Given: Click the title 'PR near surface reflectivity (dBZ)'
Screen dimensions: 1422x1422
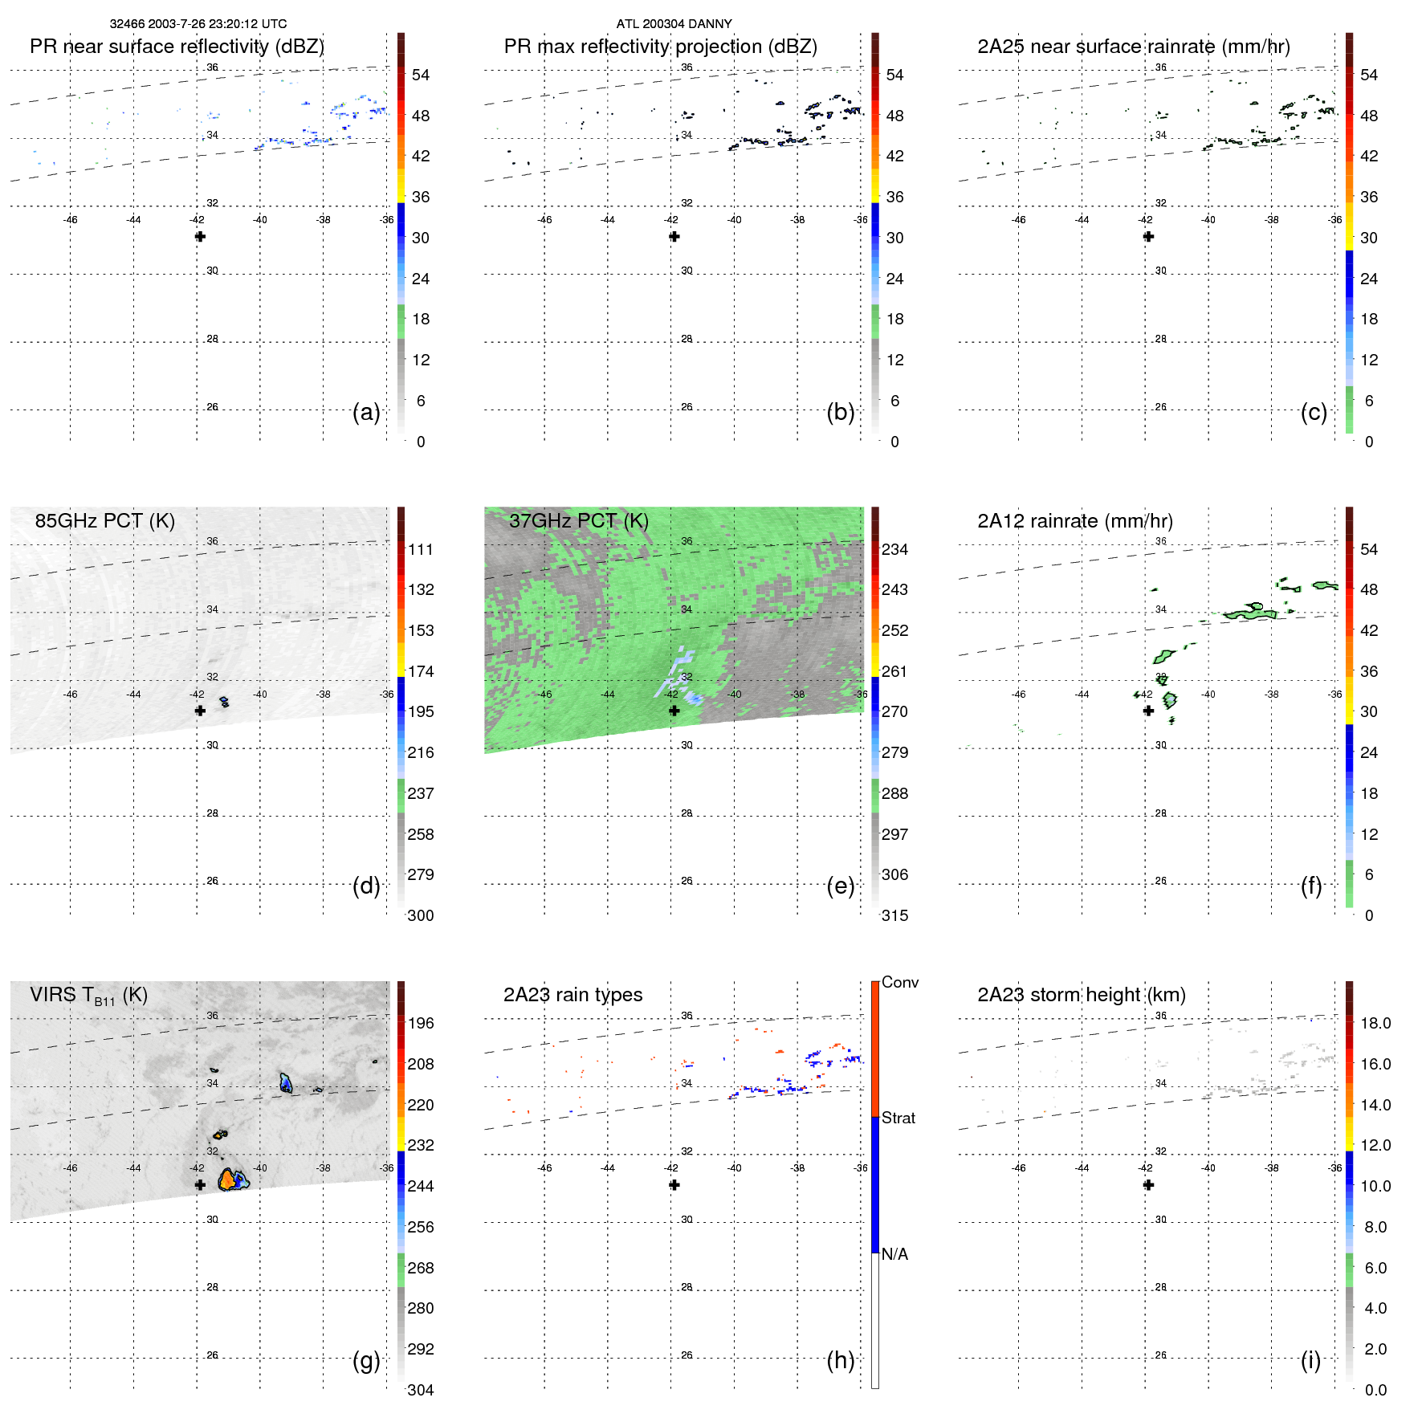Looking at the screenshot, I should click(x=177, y=47).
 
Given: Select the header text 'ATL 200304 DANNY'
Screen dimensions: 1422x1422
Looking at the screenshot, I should click(x=674, y=23).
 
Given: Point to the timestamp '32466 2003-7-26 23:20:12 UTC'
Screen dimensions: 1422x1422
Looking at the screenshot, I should click(x=198, y=23).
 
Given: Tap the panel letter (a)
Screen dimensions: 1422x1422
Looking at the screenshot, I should click(x=366, y=413).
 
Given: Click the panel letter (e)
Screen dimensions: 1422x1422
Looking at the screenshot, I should click(x=840, y=886).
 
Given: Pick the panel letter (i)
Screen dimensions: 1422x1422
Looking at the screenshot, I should click(x=1310, y=1360).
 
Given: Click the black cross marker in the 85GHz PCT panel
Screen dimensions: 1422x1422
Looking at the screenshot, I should click(x=200, y=711).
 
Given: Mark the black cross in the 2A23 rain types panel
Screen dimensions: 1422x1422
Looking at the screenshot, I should click(x=674, y=1185).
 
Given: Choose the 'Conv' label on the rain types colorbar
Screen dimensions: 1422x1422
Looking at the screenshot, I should click(x=900, y=982).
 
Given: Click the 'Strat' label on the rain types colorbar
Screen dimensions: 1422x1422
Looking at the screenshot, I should click(x=898, y=1118).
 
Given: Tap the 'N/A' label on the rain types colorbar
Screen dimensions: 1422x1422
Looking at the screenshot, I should click(x=894, y=1254).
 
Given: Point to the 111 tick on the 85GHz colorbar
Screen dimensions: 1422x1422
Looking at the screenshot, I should click(x=421, y=549).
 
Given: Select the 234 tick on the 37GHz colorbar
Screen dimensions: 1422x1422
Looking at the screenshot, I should click(x=894, y=549).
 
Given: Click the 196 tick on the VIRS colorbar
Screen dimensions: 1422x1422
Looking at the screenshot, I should click(x=421, y=1023).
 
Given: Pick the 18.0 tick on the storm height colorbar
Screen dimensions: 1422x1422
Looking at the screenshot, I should click(x=1375, y=1023).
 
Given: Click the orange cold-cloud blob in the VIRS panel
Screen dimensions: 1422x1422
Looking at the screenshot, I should click(x=227, y=1180).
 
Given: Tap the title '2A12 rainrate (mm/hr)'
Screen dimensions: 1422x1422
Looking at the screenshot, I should click(x=1075, y=521).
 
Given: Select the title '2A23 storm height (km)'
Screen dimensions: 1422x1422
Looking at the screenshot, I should click(x=1082, y=995).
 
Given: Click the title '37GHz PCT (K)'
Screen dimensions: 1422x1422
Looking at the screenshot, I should click(x=579, y=521).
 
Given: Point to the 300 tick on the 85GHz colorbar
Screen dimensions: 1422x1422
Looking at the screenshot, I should click(x=421, y=915).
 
